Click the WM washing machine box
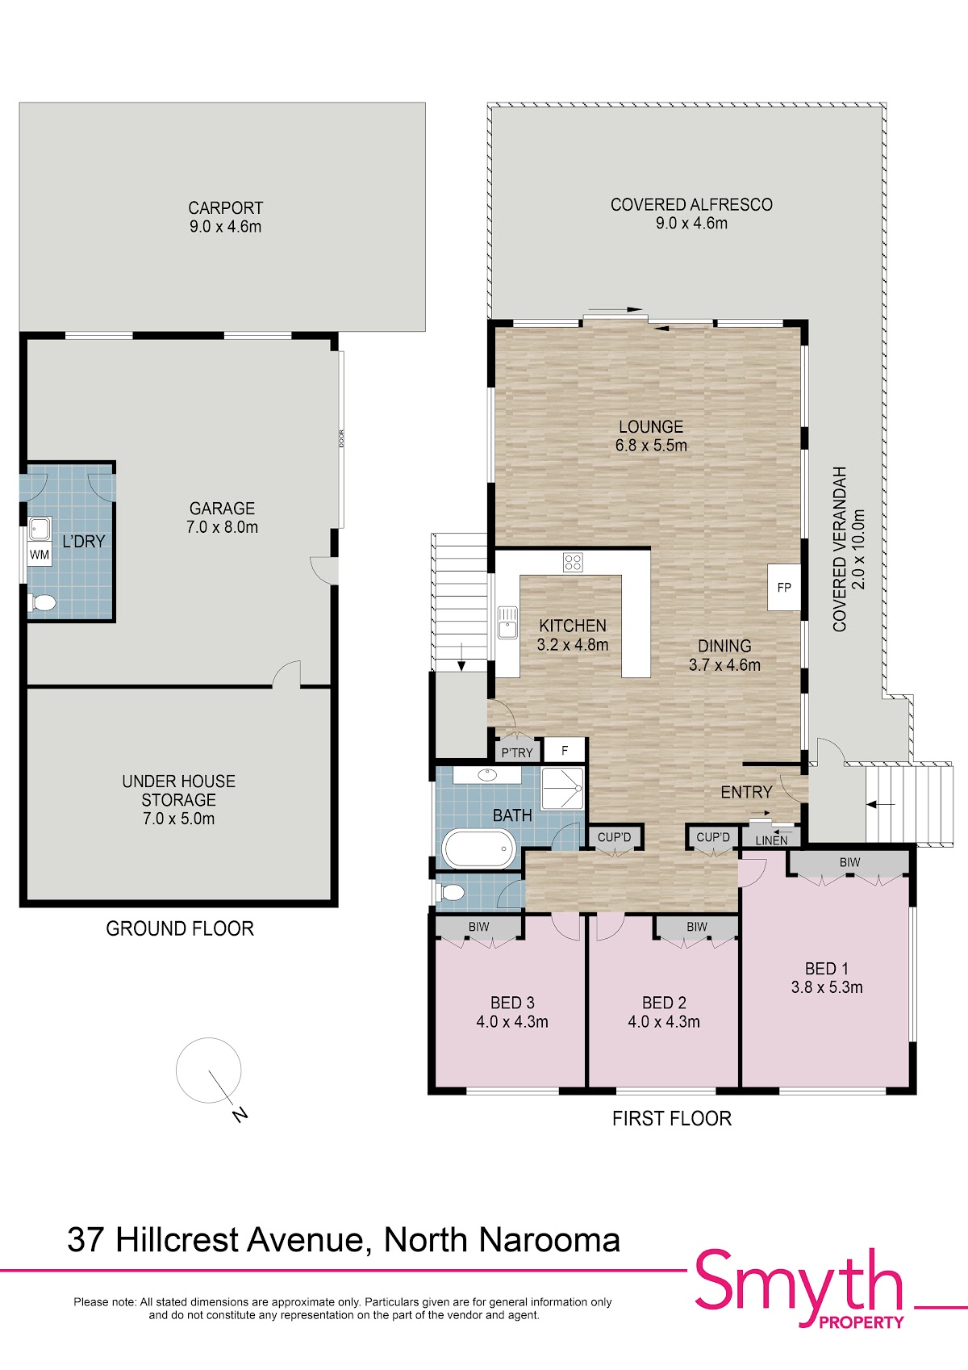coord(40,555)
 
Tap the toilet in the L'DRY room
coord(43,603)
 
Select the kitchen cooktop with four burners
coord(573,562)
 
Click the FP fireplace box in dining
coord(784,587)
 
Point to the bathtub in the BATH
coord(480,849)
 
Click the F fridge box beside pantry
coord(565,750)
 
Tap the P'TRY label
coord(517,753)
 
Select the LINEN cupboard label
coord(771,841)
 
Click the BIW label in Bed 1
coord(849,862)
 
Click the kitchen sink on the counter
coord(507,622)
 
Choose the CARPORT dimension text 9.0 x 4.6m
coord(225,227)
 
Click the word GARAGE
coord(222,509)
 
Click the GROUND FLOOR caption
coord(180,928)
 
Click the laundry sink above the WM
coord(40,529)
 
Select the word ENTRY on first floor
coord(746,792)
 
